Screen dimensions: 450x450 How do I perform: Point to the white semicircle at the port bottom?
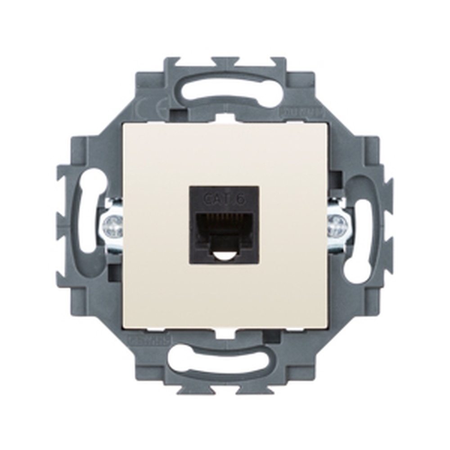pos(224,257)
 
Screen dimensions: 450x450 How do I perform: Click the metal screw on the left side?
pos(112,227)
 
